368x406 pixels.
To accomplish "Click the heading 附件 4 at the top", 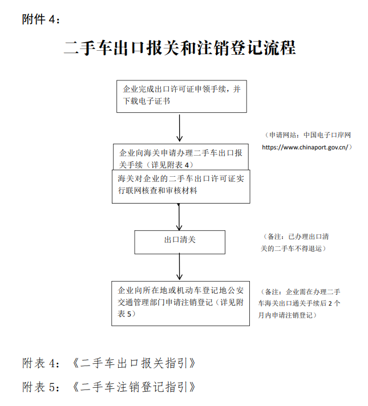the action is pyautogui.click(x=41, y=19).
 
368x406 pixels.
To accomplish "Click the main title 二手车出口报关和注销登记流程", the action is pyautogui.click(x=180, y=48).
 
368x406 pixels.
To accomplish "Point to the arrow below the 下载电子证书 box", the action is pyautogui.click(x=179, y=128).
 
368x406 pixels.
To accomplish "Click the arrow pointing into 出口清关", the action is pyautogui.click(x=179, y=217).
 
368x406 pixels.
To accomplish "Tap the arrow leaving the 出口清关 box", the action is pyautogui.click(x=179, y=267).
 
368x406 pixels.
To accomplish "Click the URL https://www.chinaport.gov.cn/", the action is pyautogui.click(x=305, y=147).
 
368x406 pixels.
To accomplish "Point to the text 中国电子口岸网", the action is pyautogui.click(x=327, y=135).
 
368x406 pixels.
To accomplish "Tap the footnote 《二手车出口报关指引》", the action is pyautogui.click(x=134, y=363).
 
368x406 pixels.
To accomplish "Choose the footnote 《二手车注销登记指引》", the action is pyautogui.click(x=134, y=387).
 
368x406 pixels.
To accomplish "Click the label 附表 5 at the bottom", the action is pyautogui.click(x=41, y=387).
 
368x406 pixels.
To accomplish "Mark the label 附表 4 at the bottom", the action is pyautogui.click(x=41, y=363).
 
